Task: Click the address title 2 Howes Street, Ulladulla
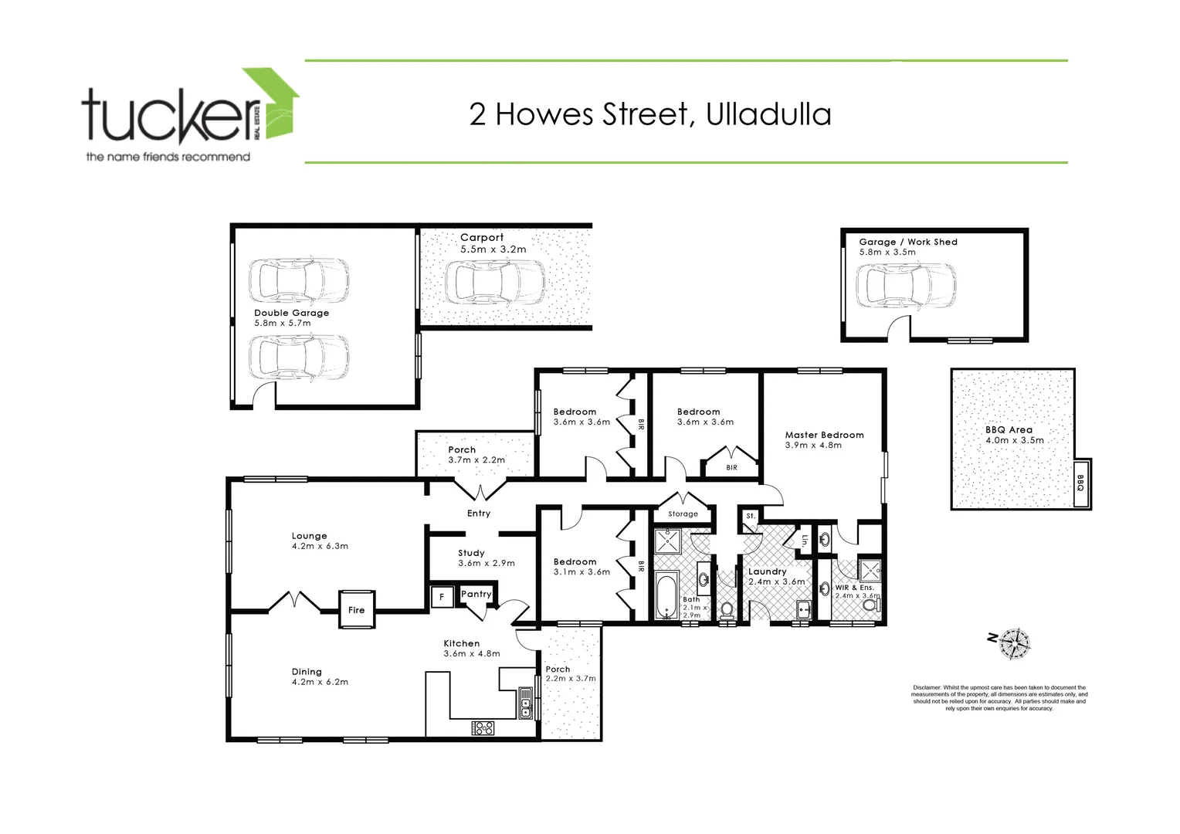point(650,114)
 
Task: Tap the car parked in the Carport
point(494,282)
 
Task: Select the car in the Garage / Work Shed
point(906,285)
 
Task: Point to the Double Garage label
point(291,313)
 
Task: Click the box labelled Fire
point(356,610)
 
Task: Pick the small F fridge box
point(442,596)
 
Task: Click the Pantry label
point(476,594)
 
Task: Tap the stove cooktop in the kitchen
point(483,727)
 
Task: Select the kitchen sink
point(526,703)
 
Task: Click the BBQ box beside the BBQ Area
point(1080,483)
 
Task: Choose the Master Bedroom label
point(824,435)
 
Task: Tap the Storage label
point(683,514)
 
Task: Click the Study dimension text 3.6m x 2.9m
point(487,563)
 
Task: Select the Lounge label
point(309,536)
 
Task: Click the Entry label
point(479,514)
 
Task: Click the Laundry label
point(767,571)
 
